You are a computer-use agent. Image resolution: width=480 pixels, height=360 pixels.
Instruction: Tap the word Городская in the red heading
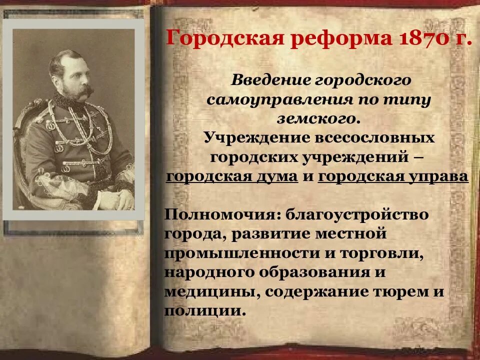click(x=222, y=39)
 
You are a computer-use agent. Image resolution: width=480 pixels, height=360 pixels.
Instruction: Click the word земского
click(x=316, y=118)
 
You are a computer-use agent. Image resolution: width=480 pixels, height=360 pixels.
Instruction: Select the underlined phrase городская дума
click(x=232, y=177)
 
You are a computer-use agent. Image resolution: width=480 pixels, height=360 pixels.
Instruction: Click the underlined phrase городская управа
click(x=393, y=177)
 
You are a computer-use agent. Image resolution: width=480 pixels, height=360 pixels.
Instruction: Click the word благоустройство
click(x=357, y=215)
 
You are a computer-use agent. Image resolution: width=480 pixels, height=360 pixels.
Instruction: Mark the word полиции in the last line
click(x=204, y=311)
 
